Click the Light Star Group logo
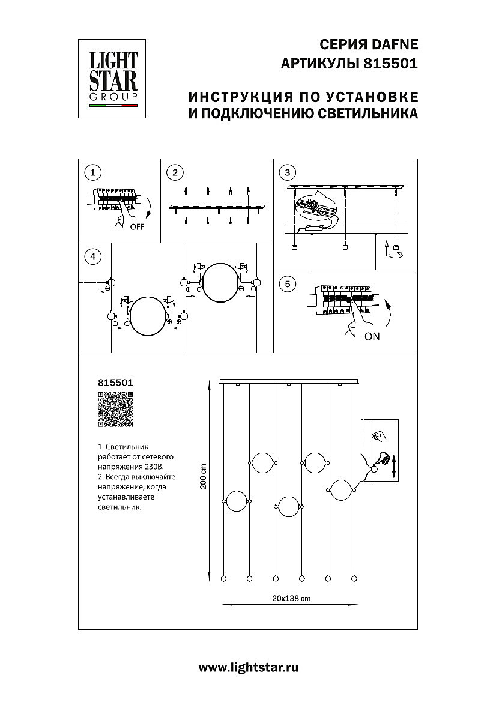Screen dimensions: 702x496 (113, 78)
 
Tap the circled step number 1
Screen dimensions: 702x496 (92, 173)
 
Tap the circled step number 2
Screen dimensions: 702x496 (174, 173)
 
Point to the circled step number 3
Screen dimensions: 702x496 (288, 173)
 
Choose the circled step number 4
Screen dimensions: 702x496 (92, 257)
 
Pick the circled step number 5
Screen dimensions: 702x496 (288, 284)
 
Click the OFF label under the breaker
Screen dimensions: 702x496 (137, 227)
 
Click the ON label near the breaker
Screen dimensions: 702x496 (372, 337)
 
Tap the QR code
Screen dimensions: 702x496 (115, 409)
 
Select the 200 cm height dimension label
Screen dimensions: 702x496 (204, 477)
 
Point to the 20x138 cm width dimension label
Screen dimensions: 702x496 (291, 599)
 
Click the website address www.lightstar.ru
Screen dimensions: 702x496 (248, 667)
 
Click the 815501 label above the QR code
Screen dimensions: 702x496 (115, 382)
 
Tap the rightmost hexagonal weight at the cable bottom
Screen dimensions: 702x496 (354, 578)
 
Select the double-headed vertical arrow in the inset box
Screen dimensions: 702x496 (394, 466)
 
